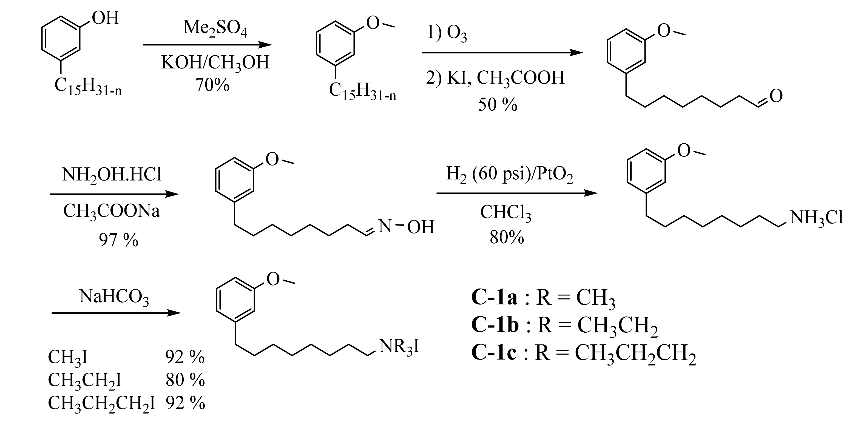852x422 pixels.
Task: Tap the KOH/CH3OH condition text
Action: pos(215,62)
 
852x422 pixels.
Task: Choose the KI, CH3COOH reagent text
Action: pos(506,78)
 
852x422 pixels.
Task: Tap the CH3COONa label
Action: pos(112,210)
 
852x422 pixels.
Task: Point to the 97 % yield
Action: pos(118,240)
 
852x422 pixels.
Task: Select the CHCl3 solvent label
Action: pos(506,213)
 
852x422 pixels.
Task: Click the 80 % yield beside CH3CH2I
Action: pos(185,380)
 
